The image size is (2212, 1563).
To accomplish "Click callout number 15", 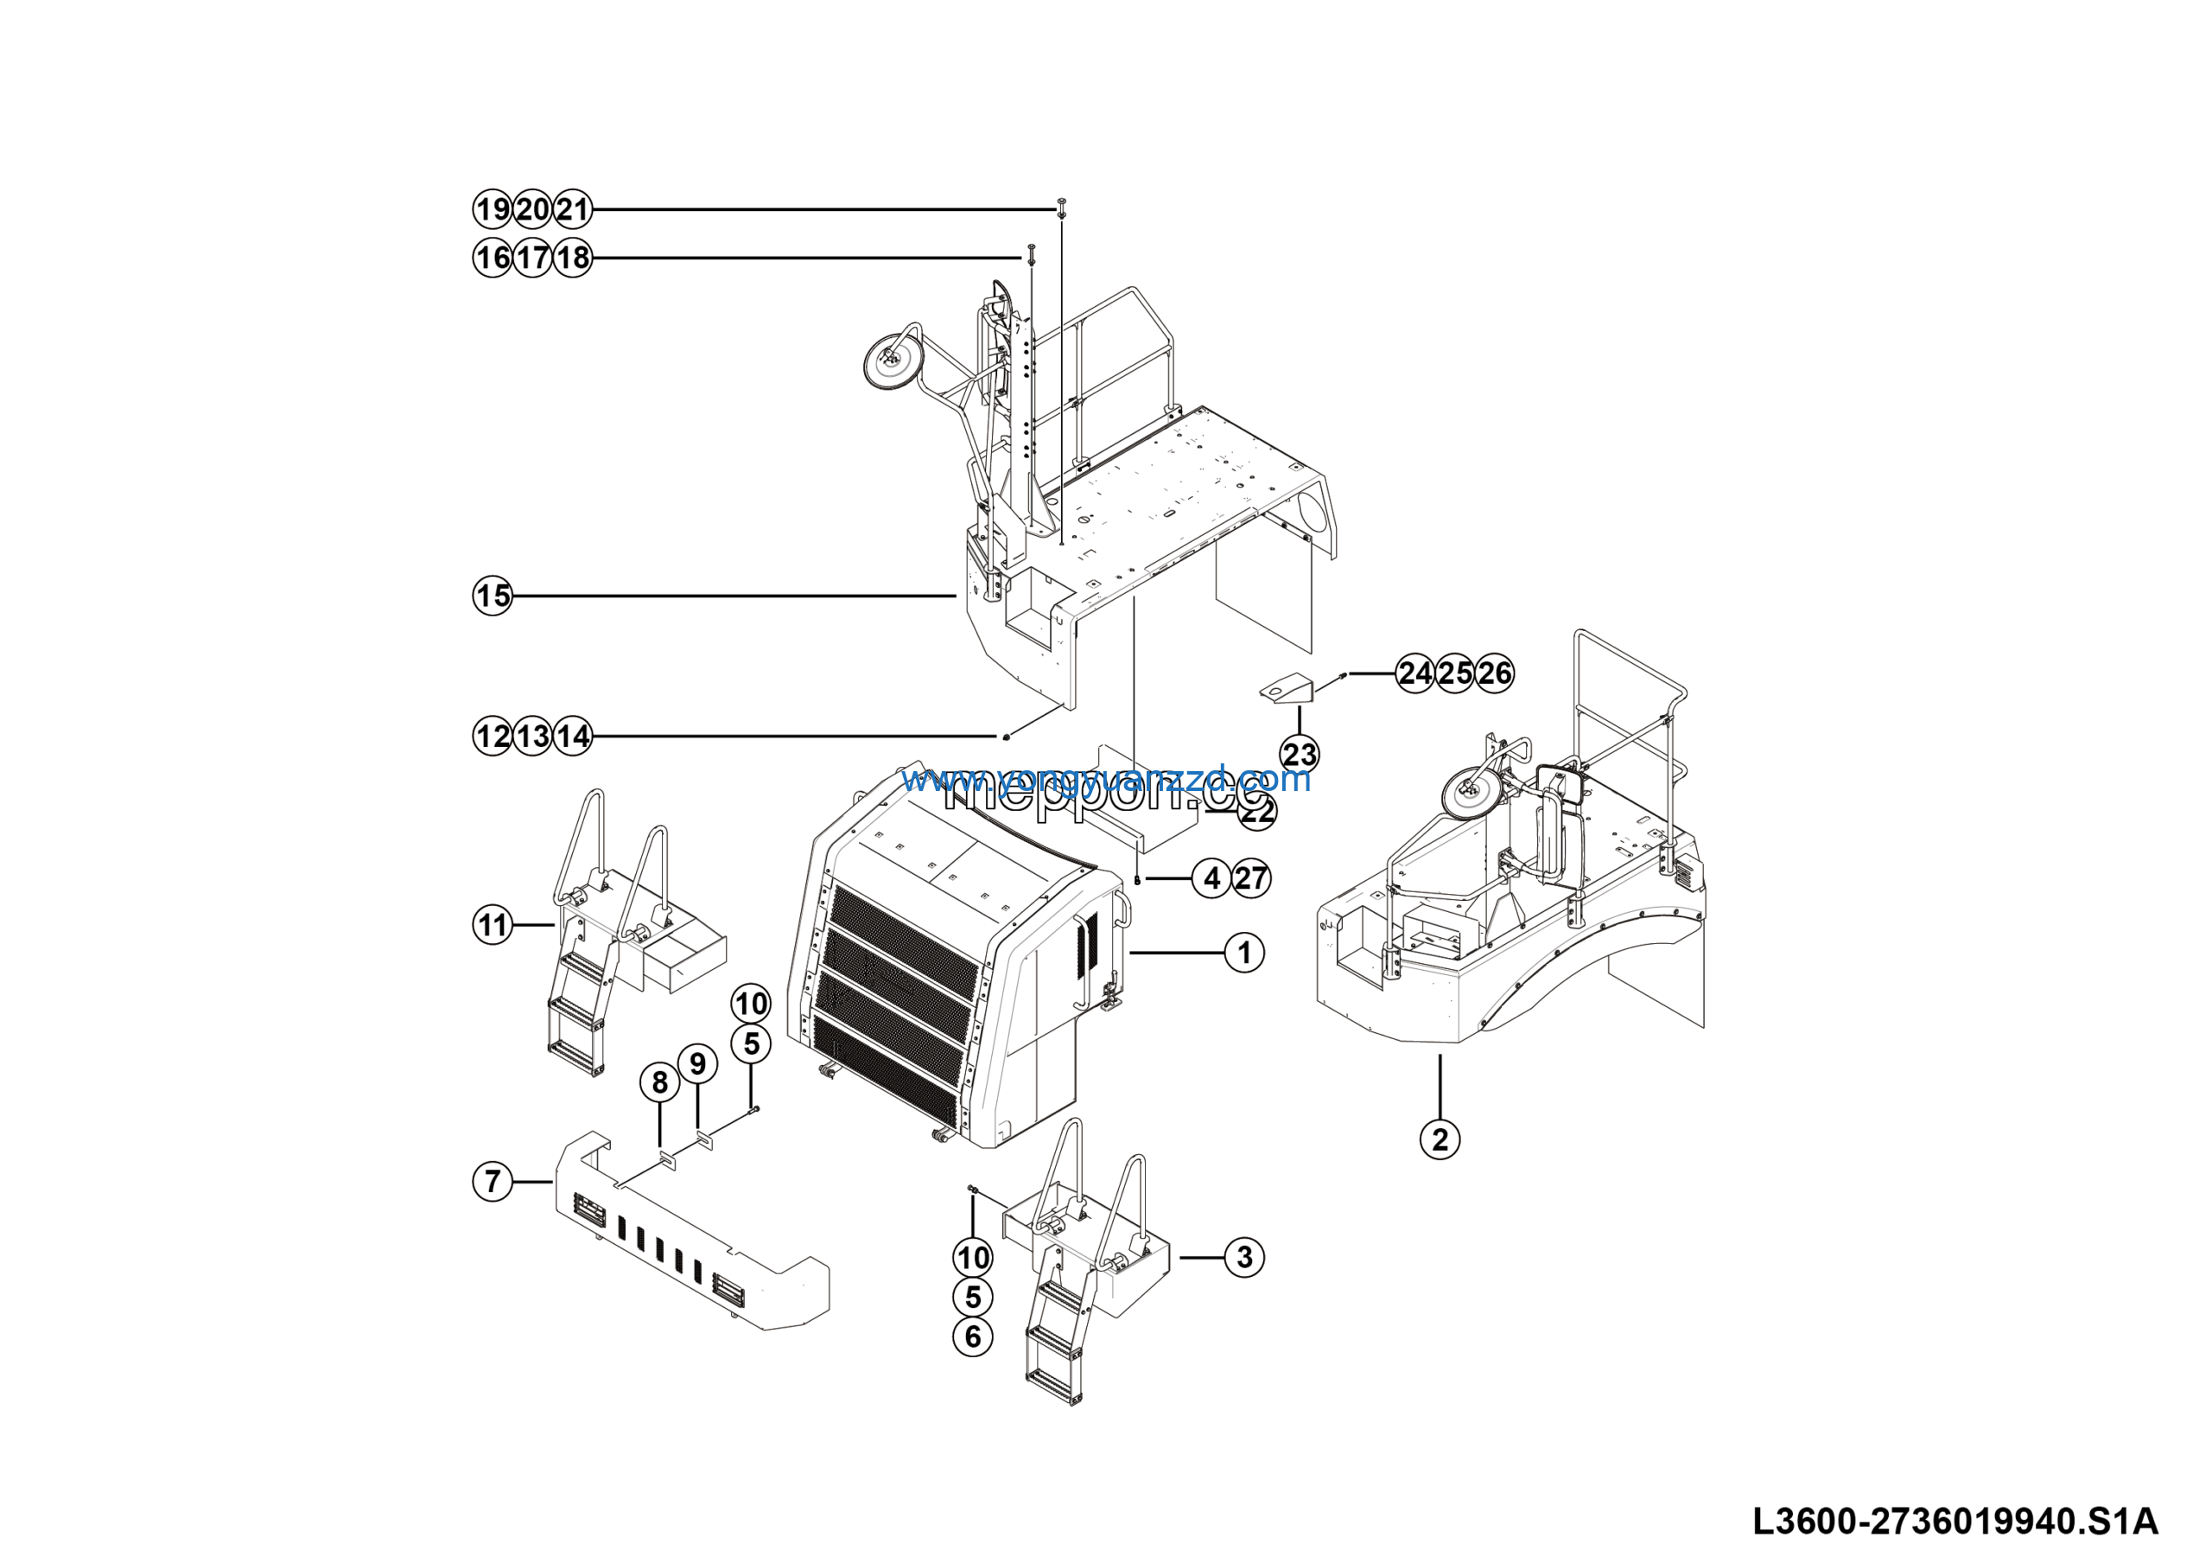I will point(493,596).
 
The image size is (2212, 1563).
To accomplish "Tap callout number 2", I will point(1440,1139).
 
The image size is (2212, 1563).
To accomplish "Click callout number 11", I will point(493,925).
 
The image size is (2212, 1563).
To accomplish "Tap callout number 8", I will point(660,1082).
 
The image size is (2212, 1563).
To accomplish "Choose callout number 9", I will point(698,1064).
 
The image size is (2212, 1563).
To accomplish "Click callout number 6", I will point(973,1337).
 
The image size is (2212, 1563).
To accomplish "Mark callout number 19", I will point(493,209).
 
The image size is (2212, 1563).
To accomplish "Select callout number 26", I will point(1494,673).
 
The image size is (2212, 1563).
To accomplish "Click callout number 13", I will point(533,737).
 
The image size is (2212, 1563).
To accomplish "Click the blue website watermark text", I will point(1105,779).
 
